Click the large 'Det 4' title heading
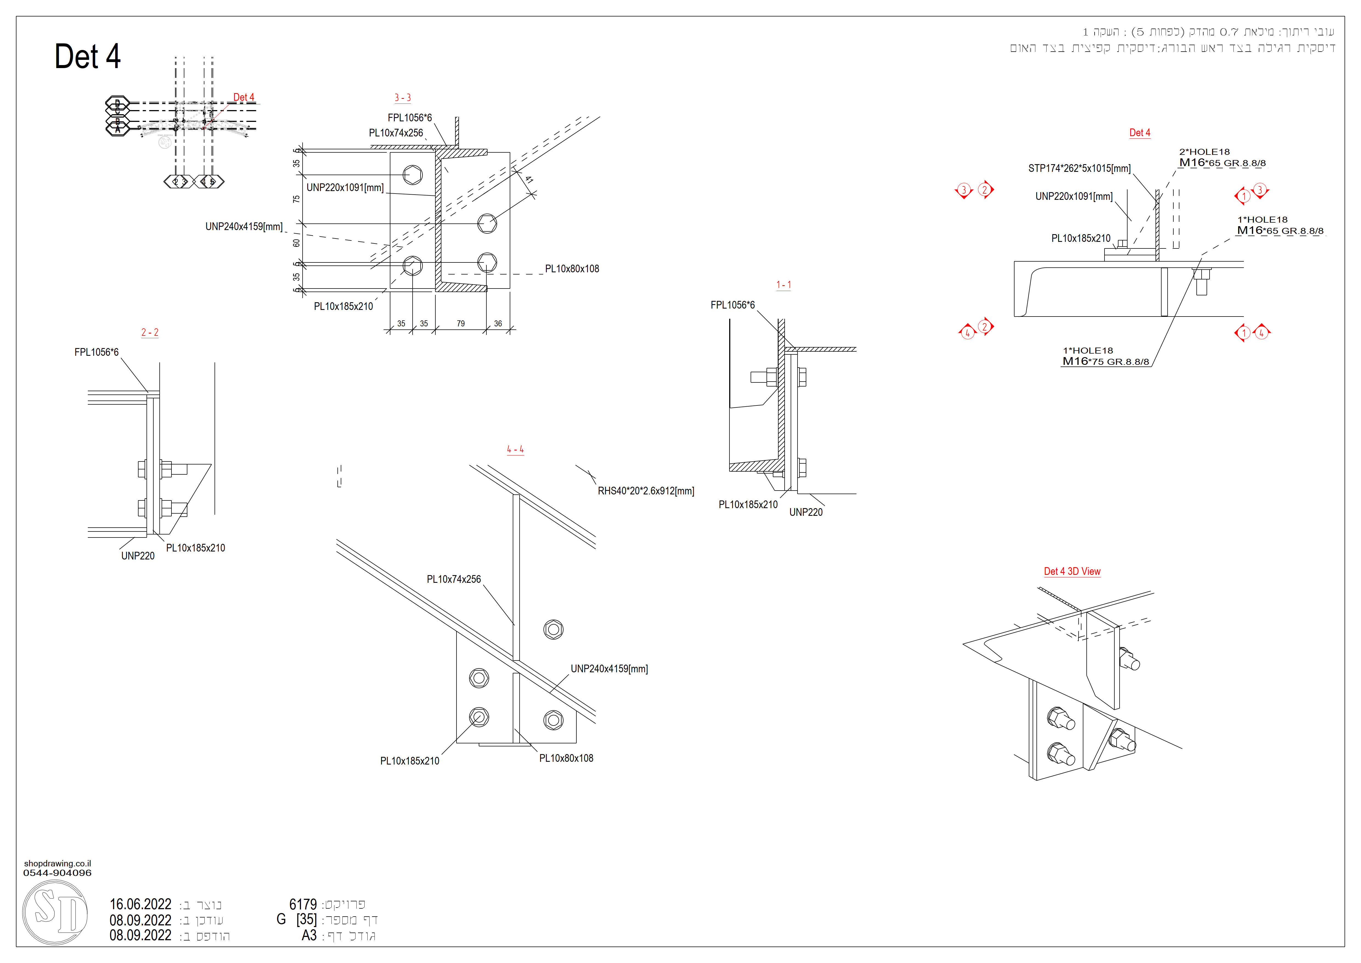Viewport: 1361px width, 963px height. click(88, 57)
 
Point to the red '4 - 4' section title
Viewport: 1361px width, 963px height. click(515, 449)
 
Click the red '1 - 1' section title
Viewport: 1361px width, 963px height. click(784, 285)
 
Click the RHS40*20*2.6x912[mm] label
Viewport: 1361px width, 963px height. click(646, 491)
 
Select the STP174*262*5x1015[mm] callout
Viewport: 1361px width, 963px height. click(1079, 168)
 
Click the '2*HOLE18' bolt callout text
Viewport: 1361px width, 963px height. click(1204, 152)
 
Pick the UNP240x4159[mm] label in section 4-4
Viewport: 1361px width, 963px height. click(609, 669)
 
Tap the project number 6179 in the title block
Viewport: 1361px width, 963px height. click(303, 904)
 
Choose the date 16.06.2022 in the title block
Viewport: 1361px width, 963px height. click(140, 904)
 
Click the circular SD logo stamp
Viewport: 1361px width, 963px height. click(55, 912)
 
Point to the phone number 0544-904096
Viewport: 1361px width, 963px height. click(58, 873)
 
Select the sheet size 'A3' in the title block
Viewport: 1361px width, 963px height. click(309, 936)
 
